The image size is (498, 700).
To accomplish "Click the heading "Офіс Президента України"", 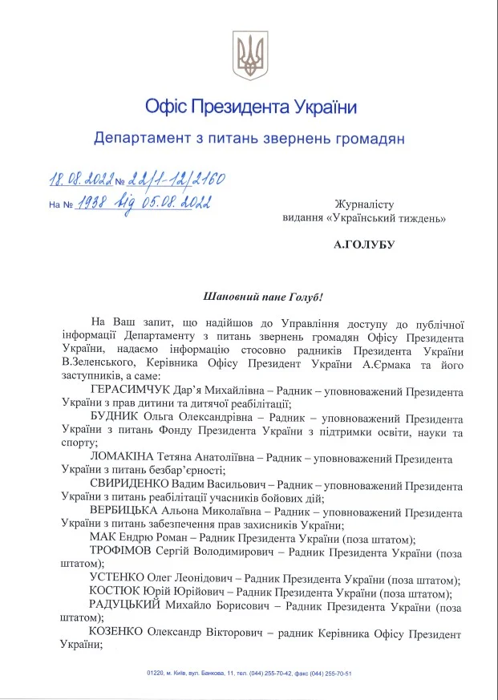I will click(250, 106).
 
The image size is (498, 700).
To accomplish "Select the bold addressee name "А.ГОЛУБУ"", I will click(365, 240).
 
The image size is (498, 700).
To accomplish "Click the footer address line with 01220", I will click(249, 674).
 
